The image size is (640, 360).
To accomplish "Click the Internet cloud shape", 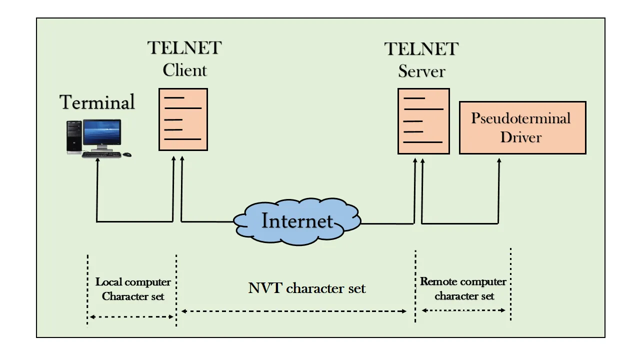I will click(297, 222).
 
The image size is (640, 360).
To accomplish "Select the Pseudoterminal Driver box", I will click(522, 127).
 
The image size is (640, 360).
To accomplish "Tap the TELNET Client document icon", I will click(183, 119).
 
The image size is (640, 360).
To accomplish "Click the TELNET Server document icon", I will click(423, 121).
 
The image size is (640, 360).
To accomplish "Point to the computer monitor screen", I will click(102, 133).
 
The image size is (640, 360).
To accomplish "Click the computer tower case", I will click(74, 137).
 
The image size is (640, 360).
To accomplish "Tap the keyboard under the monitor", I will click(101, 154).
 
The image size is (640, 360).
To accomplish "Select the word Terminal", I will click(97, 102).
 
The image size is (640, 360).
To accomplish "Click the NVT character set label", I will click(307, 288).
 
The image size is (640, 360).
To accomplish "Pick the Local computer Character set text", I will click(133, 289).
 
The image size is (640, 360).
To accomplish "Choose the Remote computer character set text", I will click(464, 288).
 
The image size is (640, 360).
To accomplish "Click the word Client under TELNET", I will click(184, 70).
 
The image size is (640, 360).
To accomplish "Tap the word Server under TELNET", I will click(421, 71).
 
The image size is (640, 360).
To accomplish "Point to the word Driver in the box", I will click(521, 136).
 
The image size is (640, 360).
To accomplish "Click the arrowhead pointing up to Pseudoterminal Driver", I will click(499, 160).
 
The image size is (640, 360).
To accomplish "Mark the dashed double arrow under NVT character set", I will click(294, 311).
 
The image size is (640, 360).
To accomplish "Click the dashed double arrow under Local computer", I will click(131, 316).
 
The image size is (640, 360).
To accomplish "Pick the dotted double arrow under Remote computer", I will click(463, 310).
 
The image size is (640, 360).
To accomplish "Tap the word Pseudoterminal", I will click(520, 119).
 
